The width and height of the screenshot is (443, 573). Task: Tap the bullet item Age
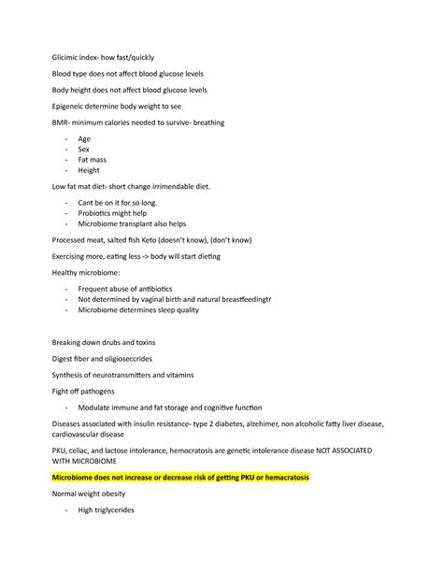(x=84, y=138)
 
